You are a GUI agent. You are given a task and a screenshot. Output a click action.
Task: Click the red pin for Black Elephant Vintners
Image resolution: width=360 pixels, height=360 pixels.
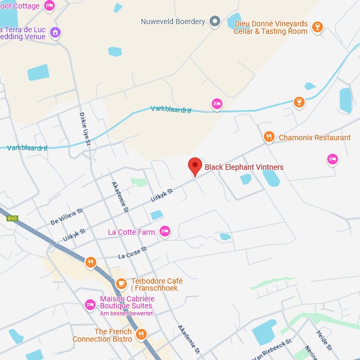195,167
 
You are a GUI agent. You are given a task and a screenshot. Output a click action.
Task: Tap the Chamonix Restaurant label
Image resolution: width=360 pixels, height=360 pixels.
314,138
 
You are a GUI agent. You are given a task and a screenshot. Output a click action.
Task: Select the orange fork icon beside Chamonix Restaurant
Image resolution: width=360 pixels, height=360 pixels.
269,138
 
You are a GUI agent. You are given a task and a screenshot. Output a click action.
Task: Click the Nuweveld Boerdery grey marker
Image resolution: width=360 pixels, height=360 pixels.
215,21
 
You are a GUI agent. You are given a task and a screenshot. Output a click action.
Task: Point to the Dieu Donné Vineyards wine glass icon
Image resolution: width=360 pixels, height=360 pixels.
318,27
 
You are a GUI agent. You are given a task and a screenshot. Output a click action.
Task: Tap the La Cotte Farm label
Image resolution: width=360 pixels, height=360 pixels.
132,232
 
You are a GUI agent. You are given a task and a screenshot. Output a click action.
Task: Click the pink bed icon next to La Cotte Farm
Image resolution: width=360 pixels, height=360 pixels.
164,232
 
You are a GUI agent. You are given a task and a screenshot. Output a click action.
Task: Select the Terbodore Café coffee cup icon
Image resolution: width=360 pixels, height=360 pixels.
121,283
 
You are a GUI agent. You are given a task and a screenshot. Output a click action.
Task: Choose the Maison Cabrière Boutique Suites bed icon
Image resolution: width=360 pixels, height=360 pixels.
90,305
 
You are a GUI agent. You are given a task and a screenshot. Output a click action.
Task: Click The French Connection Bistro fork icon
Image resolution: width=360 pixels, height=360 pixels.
141,334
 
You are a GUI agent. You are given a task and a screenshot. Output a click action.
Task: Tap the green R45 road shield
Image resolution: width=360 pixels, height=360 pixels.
12,219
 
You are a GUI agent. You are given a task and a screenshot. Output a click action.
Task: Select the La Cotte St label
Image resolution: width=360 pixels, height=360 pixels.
133,253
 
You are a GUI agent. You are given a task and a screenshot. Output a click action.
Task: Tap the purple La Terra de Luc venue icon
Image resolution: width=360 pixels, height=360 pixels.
55,32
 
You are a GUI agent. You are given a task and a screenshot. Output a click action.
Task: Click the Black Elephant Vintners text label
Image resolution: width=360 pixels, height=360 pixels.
244,167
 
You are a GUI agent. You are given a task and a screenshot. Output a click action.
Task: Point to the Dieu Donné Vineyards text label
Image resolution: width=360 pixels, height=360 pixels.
271,27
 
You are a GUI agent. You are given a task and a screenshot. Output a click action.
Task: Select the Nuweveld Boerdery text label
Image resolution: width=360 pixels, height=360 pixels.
173,21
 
